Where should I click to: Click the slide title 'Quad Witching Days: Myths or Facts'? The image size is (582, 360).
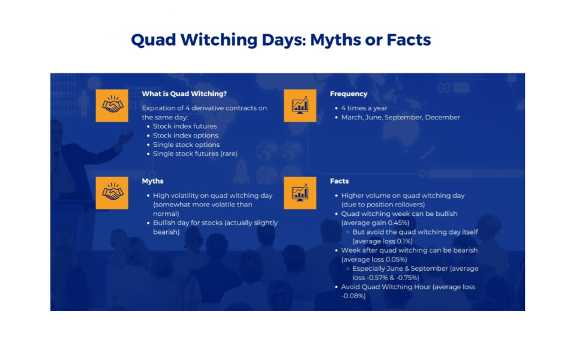(281, 40)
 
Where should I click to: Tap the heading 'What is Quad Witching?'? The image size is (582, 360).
(184, 94)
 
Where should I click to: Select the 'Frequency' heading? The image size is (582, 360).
(349, 94)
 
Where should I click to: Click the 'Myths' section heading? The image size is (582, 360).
(152, 181)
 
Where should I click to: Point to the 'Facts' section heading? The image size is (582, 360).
(339, 181)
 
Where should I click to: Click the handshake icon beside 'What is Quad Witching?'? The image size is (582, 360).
(112, 106)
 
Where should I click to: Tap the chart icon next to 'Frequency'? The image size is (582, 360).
(299, 106)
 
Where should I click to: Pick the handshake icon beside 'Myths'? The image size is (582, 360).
(112, 193)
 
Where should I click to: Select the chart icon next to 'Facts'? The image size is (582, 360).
(299, 193)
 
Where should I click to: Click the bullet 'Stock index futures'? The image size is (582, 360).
(185, 127)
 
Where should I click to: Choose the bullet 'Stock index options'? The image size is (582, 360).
(185, 136)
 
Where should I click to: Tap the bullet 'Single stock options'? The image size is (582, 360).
(186, 145)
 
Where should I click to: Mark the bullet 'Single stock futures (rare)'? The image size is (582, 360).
(195, 154)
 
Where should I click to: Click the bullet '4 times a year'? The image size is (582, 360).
(364, 108)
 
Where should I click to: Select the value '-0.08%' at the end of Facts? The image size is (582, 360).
(353, 296)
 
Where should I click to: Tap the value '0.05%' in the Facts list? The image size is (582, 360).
(397, 259)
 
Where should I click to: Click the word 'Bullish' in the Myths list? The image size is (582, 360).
(165, 223)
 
